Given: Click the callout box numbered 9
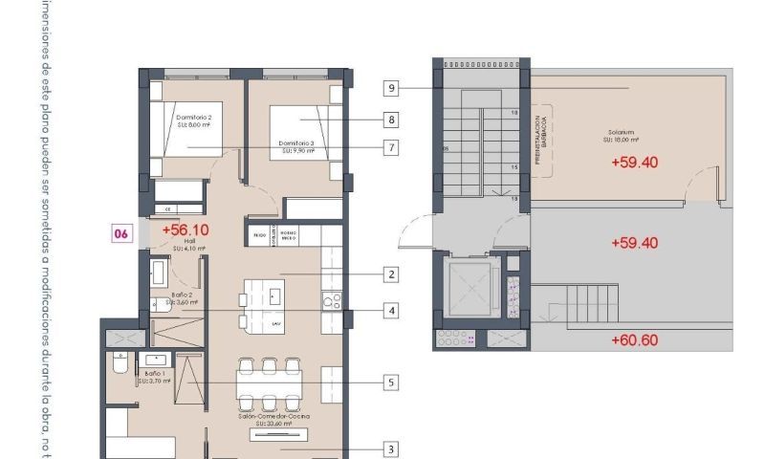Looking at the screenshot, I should (x=391, y=88).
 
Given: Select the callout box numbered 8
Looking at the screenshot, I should (x=391, y=120).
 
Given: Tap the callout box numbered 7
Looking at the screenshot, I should (x=391, y=148).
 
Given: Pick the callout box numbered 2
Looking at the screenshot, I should (x=391, y=274).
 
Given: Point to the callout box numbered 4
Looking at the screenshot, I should (x=391, y=310).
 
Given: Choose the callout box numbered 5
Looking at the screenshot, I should (x=391, y=382).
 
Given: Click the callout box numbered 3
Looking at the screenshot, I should (x=391, y=448).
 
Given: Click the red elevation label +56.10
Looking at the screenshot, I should (x=185, y=229).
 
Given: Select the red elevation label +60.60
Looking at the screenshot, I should (x=634, y=339).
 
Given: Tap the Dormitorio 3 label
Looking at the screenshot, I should (x=296, y=143).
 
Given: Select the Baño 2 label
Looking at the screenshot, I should (x=183, y=296).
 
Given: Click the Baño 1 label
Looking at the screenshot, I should (x=153, y=374).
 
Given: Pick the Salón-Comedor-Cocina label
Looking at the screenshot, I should (x=274, y=417).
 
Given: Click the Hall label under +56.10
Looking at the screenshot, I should (x=177, y=242).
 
